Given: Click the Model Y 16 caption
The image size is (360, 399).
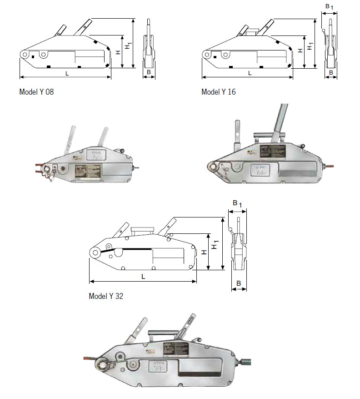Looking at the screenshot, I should coord(219,92).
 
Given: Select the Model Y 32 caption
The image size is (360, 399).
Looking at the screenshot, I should coord(105,296).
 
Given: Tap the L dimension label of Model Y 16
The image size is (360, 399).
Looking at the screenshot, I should coord(250,73).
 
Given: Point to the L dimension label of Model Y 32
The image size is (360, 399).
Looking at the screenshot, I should coord(143,276).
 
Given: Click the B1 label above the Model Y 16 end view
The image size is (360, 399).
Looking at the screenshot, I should coord(330,7).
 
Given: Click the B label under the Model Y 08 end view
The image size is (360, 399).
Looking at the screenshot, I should coord(149,72).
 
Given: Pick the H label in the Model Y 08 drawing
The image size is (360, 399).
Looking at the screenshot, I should coord(118,52).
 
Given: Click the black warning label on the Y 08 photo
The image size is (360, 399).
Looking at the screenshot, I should coord(93,172).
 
